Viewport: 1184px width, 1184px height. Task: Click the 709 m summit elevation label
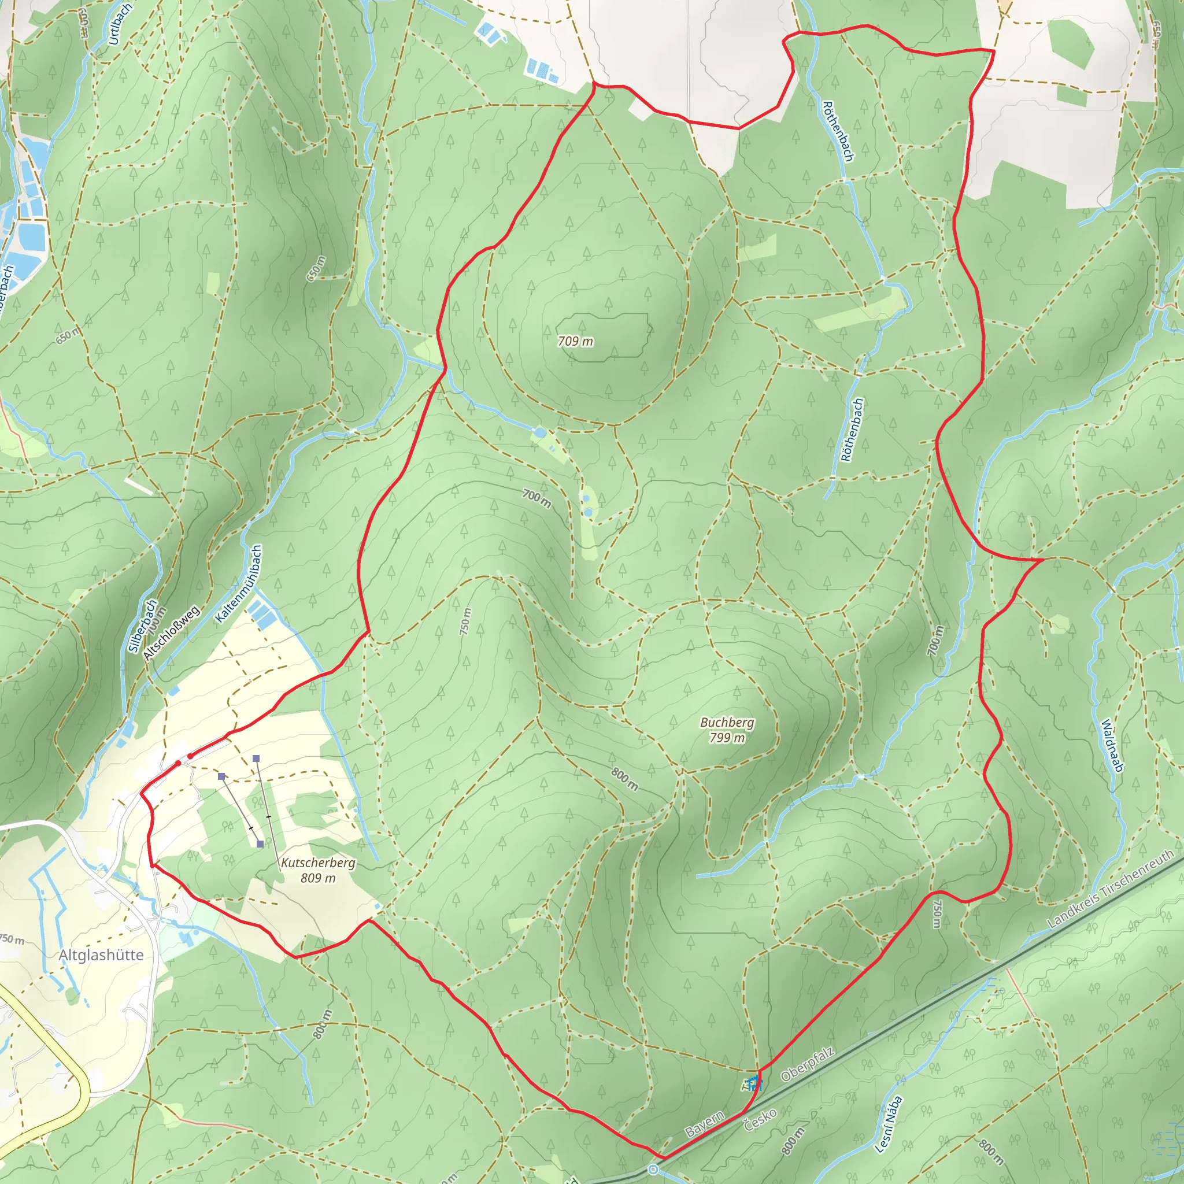point(575,341)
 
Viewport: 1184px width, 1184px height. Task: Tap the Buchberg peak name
point(727,723)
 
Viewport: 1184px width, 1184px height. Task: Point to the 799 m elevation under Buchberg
point(727,738)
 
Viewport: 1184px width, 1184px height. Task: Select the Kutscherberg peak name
point(318,863)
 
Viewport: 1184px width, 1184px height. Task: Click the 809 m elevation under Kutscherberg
point(318,878)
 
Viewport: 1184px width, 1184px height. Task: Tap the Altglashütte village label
point(101,955)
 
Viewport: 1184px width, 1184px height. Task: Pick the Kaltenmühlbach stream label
point(239,584)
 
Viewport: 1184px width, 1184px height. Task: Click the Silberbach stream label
point(142,626)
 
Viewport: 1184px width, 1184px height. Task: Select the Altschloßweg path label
point(172,632)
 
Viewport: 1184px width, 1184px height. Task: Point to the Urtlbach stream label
point(120,24)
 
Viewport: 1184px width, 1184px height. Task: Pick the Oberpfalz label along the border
point(808,1064)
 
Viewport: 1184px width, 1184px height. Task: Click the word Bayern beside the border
point(705,1124)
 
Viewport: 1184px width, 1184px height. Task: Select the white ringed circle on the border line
point(653,1170)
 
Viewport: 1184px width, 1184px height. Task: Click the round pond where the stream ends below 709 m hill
point(540,433)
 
